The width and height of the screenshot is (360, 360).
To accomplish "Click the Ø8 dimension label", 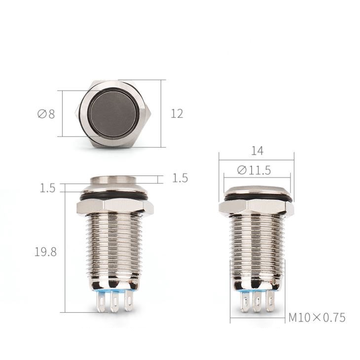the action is pyautogui.click(x=46, y=114).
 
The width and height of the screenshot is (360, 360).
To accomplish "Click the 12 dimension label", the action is pyautogui.click(x=177, y=113).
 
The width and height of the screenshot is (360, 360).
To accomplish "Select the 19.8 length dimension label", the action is pyautogui.click(x=45, y=252).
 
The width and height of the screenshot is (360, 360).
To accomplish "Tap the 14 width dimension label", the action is pyautogui.click(x=257, y=151).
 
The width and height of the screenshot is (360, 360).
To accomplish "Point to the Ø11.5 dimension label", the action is pyautogui.click(x=254, y=170).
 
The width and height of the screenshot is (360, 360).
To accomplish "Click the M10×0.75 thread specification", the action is pyautogui.click(x=317, y=318).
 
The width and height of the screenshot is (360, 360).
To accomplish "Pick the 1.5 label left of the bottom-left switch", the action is pyautogui.click(x=47, y=188).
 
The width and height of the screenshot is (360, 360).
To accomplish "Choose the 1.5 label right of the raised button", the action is pyautogui.click(x=180, y=178).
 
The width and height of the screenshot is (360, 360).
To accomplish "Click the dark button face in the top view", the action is pyautogui.click(x=113, y=114).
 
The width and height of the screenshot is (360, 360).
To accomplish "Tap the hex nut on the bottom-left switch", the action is pyautogui.click(x=115, y=207).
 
